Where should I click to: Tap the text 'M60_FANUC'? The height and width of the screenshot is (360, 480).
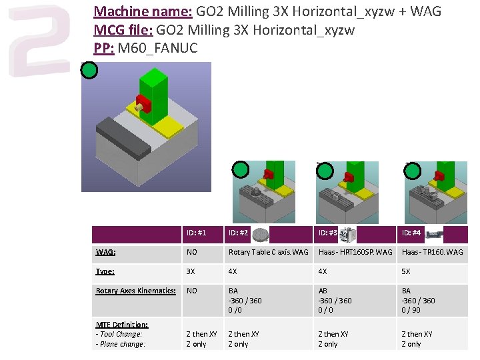[x=159, y=48]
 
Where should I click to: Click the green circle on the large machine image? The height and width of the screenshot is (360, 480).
[x=89, y=71]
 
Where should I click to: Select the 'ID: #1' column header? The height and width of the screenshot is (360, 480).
[x=196, y=233]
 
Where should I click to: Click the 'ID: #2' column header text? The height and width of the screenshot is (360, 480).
[x=238, y=233]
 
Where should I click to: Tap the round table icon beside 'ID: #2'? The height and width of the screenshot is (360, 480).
[x=262, y=234]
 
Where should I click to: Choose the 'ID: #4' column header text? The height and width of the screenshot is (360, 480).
[x=411, y=233]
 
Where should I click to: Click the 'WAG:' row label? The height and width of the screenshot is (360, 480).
[x=105, y=252]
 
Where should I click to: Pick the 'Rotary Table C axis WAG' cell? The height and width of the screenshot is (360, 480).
[x=269, y=252]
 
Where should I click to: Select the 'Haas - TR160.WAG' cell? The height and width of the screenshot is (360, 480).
[x=432, y=252]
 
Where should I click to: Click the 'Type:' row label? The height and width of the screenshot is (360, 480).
[x=105, y=271]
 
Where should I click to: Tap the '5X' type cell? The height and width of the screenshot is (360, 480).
[x=406, y=271]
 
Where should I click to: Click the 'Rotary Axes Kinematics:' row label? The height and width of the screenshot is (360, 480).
[x=136, y=291]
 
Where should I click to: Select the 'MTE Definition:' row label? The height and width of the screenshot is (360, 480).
[x=121, y=325]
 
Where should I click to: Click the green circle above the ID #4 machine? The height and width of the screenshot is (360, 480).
[x=413, y=171]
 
